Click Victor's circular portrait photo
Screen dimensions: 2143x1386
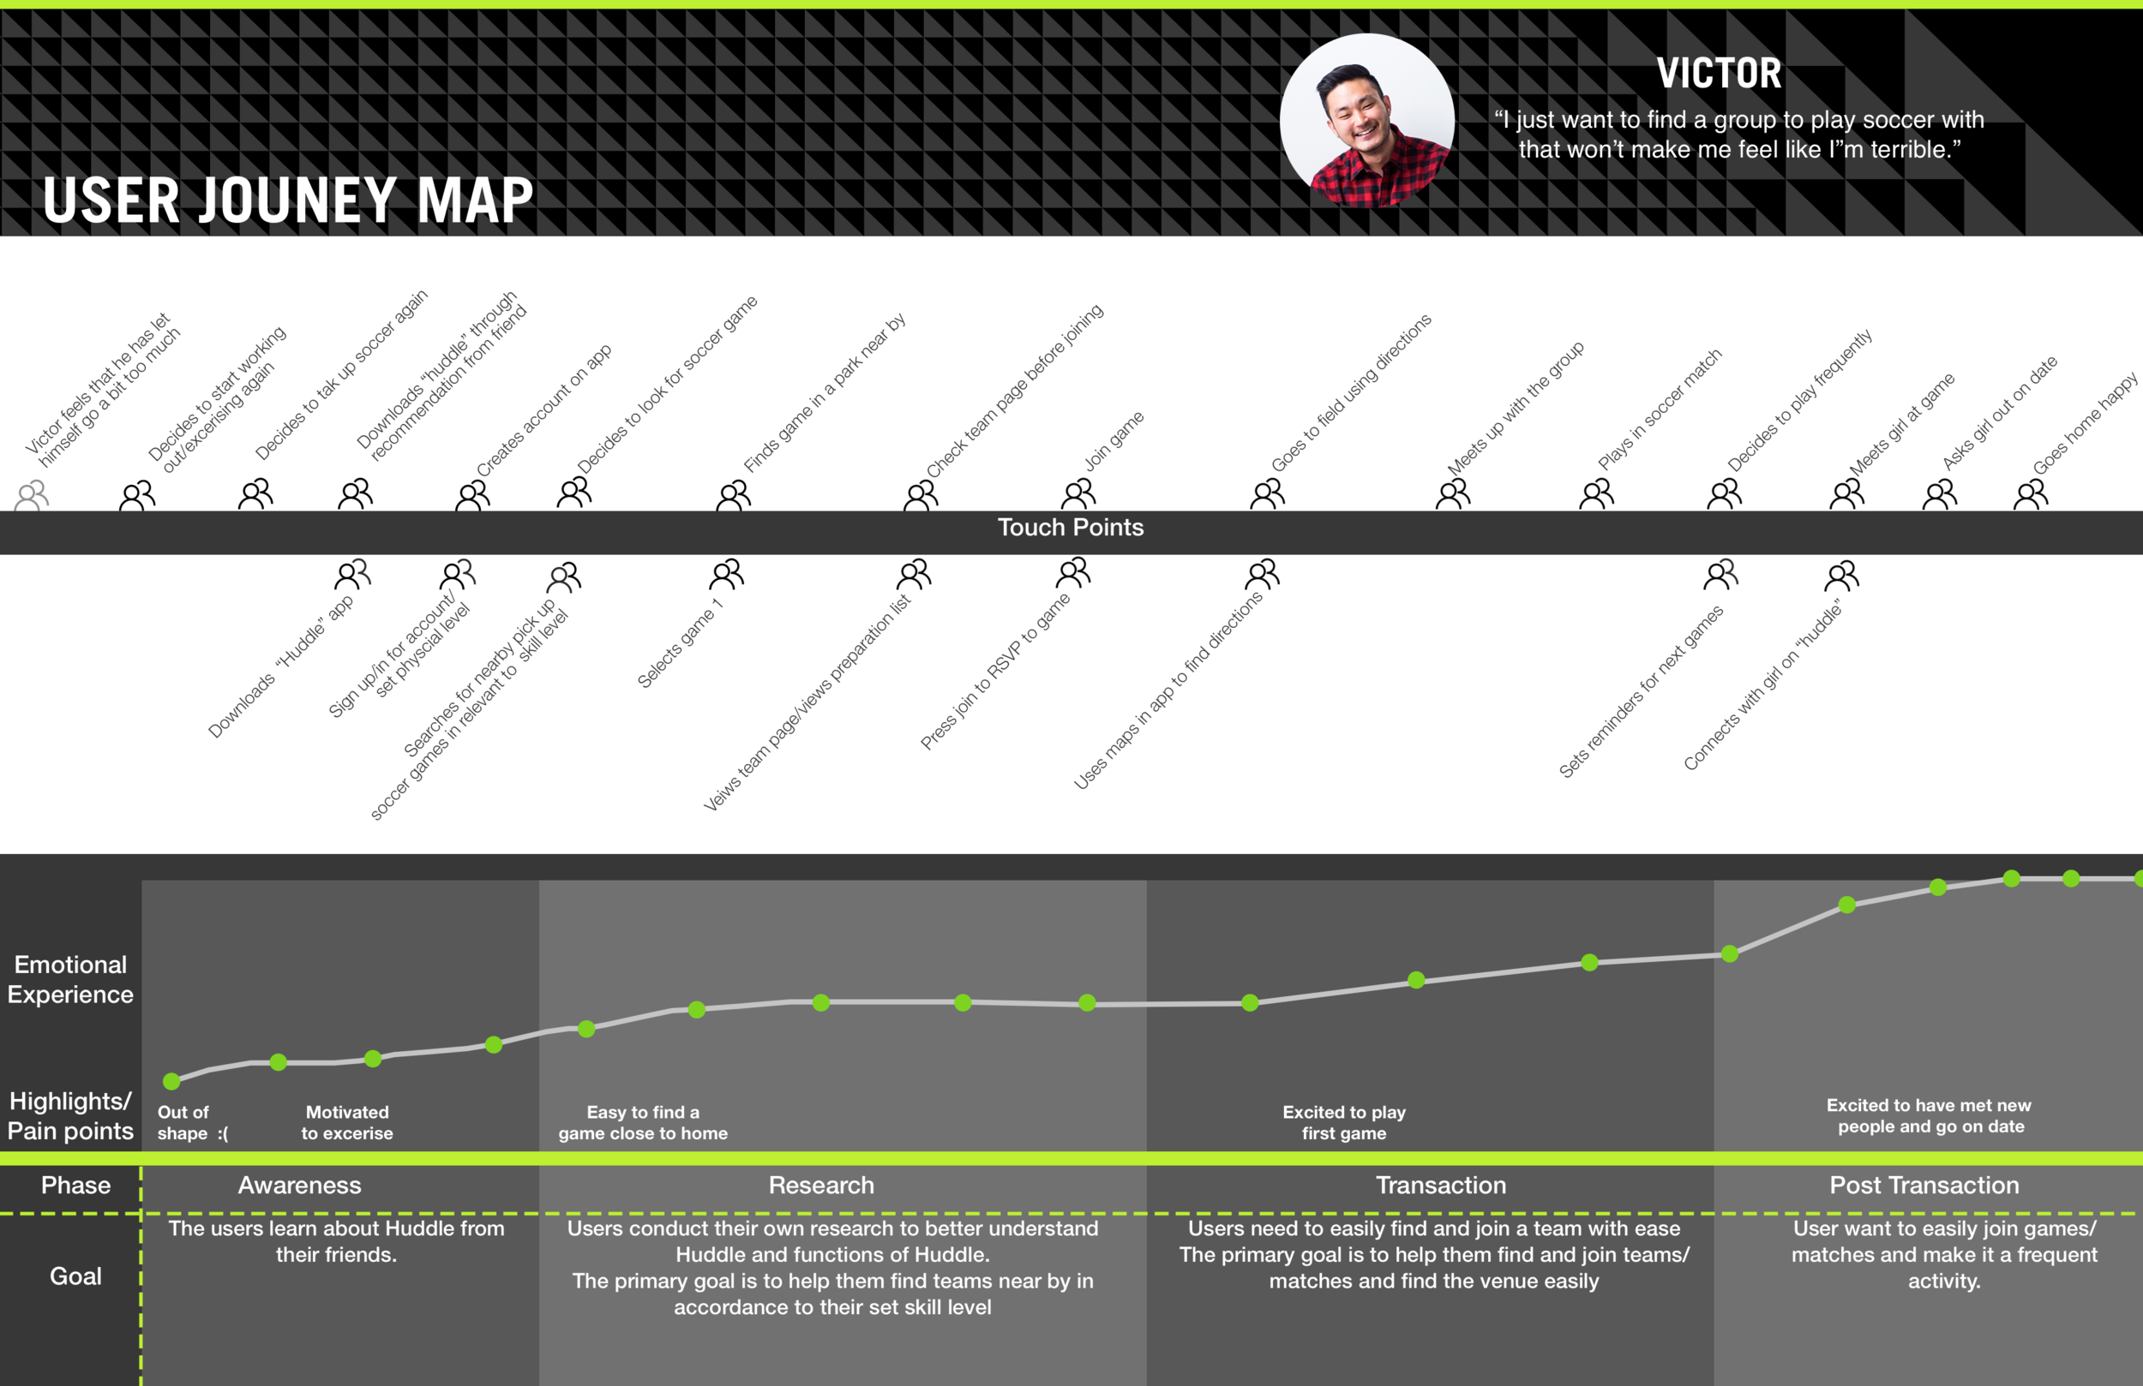[x=1367, y=121]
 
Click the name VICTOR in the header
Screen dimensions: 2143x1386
[x=1718, y=74]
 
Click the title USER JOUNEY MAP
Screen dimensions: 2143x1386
[x=288, y=200]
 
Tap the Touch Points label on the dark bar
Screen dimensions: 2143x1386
[x=1071, y=528]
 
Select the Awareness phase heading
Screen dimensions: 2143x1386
[x=299, y=1186]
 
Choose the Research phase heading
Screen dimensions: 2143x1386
[x=821, y=1186]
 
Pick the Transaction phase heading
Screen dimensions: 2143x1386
[x=1441, y=1186]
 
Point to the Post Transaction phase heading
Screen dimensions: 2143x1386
[x=1924, y=1186]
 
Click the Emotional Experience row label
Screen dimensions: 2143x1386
[x=70, y=979]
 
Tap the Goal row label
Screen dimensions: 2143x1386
[x=75, y=1276]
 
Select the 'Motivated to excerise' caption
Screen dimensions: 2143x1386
[x=346, y=1122]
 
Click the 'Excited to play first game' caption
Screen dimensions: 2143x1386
[x=1343, y=1122]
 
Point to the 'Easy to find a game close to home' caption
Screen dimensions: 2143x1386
[x=643, y=1122]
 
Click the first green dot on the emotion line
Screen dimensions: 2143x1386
[x=172, y=1081]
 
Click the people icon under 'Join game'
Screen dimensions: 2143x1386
[x=1078, y=493]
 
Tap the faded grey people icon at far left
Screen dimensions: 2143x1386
[x=33, y=495]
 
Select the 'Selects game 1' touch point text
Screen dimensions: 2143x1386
[x=679, y=645]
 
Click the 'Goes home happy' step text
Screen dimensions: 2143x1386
[x=2084, y=424]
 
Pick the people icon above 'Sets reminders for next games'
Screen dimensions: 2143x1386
[x=1720, y=574]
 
